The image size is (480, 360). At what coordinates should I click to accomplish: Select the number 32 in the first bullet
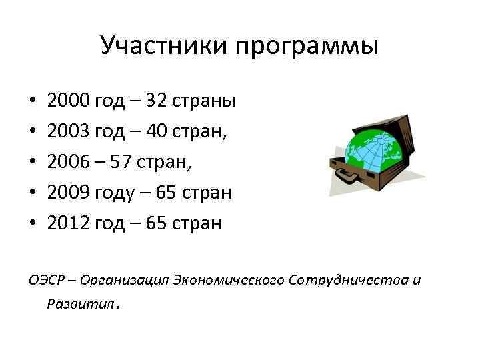157,101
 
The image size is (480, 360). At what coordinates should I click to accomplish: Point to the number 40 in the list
158,132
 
